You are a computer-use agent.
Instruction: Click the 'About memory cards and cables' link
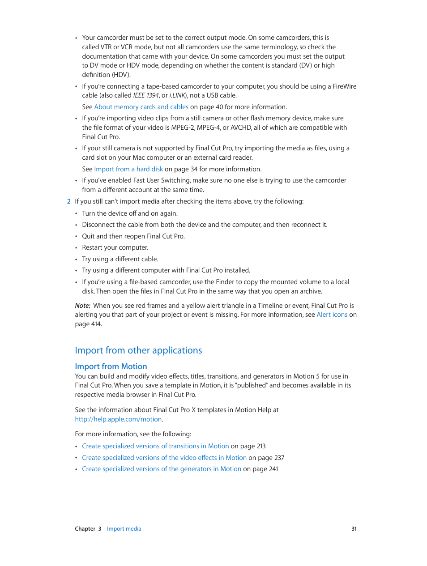coord(141,107)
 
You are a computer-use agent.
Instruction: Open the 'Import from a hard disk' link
coord(128,169)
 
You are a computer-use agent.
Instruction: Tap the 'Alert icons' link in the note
coord(332,315)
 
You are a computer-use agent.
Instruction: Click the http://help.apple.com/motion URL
coord(118,419)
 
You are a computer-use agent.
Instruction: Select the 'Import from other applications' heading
coord(138,350)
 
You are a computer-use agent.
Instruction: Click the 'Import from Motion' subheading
coord(111,366)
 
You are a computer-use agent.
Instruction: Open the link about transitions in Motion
coord(155,446)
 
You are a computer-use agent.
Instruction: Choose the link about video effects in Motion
coord(164,458)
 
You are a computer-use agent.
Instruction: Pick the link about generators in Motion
coord(162,469)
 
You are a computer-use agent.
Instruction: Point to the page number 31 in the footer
coord(354,529)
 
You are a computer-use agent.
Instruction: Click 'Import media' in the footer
coord(124,529)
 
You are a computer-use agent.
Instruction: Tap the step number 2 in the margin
coord(69,201)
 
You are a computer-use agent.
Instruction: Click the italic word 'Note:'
coord(83,306)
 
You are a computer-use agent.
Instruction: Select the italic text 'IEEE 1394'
coord(146,95)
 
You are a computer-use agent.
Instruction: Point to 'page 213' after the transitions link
coord(253,446)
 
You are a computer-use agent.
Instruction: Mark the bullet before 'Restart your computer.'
coord(76,248)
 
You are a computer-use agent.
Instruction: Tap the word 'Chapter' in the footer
coord(85,529)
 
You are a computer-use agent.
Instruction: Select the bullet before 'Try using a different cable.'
coord(76,260)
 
